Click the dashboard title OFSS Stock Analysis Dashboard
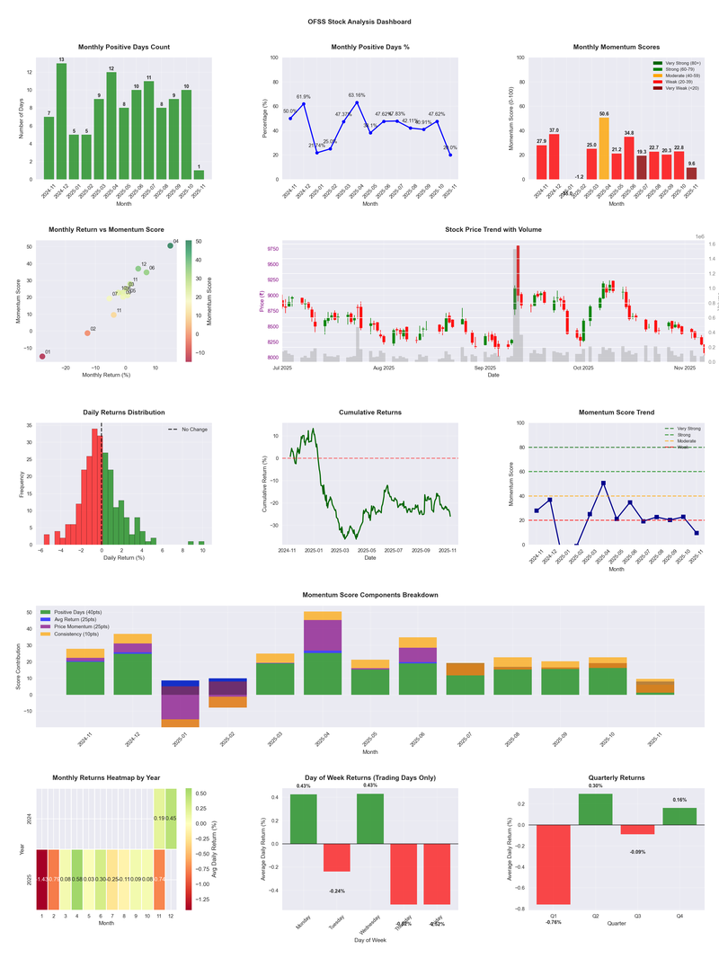pyautogui.click(x=359, y=22)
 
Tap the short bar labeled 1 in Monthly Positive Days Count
pyautogui.click(x=199, y=174)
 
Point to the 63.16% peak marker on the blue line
pyautogui.click(x=357, y=102)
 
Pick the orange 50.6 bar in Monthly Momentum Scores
pyautogui.click(x=604, y=148)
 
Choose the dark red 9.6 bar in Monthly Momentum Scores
pyautogui.click(x=691, y=173)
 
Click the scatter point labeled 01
pyautogui.click(x=41, y=357)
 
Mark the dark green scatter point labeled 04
pyautogui.click(x=170, y=245)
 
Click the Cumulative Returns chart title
pyautogui.click(x=370, y=412)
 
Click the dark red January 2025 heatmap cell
pyautogui.click(x=41, y=879)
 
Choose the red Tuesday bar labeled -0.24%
pyautogui.click(x=337, y=858)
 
